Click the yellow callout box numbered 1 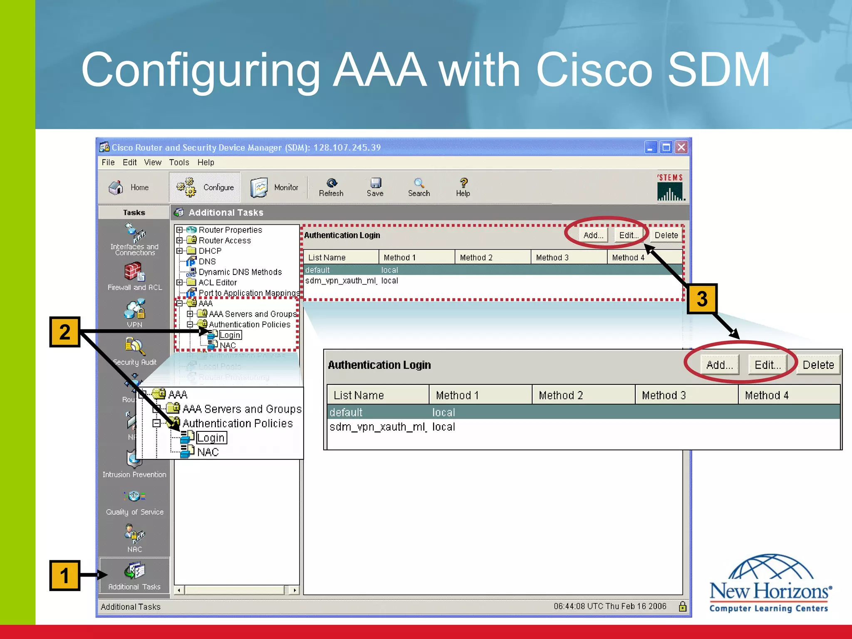pyautogui.click(x=64, y=575)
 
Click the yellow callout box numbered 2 pyautogui.click(x=64, y=332)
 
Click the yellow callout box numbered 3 pyautogui.click(x=702, y=299)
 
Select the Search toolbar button pyautogui.click(x=419, y=187)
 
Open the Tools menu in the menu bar pyautogui.click(x=179, y=162)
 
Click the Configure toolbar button pyautogui.click(x=205, y=187)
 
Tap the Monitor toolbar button pyautogui.click(x=275, y=187)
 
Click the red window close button pyautogui.click(x=681, y=147)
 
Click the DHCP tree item pyautogui.click(x=210, y=251)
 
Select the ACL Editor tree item pyautogui.click(x=217, y=282)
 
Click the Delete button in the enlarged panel pyautogui.click(x=818, y=365)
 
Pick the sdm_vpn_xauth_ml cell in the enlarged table pyautogui.click(x=377, y=427)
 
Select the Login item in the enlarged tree pyautogui.click(x=211, y=438)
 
